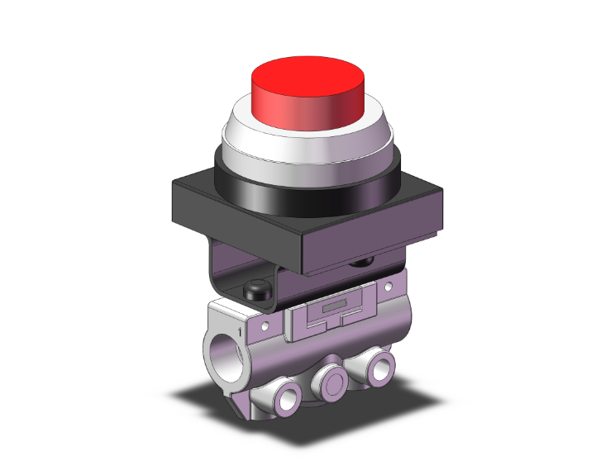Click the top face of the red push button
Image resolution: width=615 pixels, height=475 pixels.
[307, 74]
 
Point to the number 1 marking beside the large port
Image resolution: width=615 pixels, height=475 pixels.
[241, 332]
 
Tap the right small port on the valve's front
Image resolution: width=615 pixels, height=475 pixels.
[379, 367]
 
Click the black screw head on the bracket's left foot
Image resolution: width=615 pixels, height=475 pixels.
[255, 290]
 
